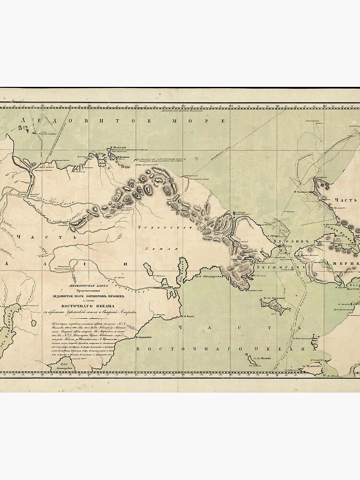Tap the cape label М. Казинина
[x=118, y=156]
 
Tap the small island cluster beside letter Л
[x=22, y=129]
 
